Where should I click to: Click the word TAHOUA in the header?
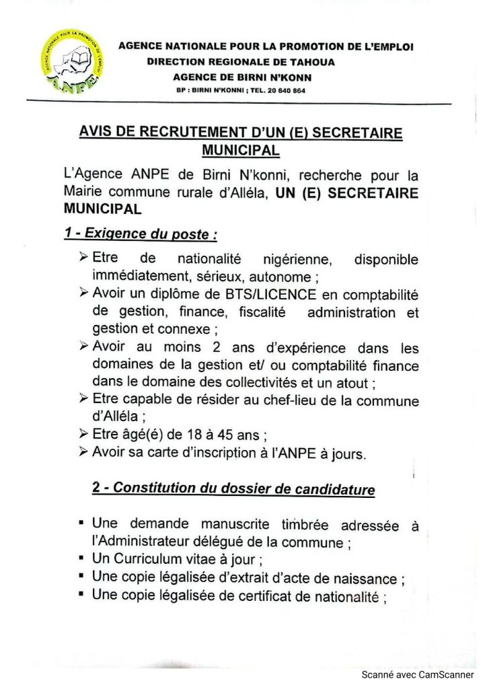click(311, 62)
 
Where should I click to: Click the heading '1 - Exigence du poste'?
click(141, 233)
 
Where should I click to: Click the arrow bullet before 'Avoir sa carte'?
click(83, 451)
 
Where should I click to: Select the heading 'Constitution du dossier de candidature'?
click(243, 488)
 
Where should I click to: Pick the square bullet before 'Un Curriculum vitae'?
click(81, 558)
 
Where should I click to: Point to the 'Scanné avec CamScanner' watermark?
click(417, 674)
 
